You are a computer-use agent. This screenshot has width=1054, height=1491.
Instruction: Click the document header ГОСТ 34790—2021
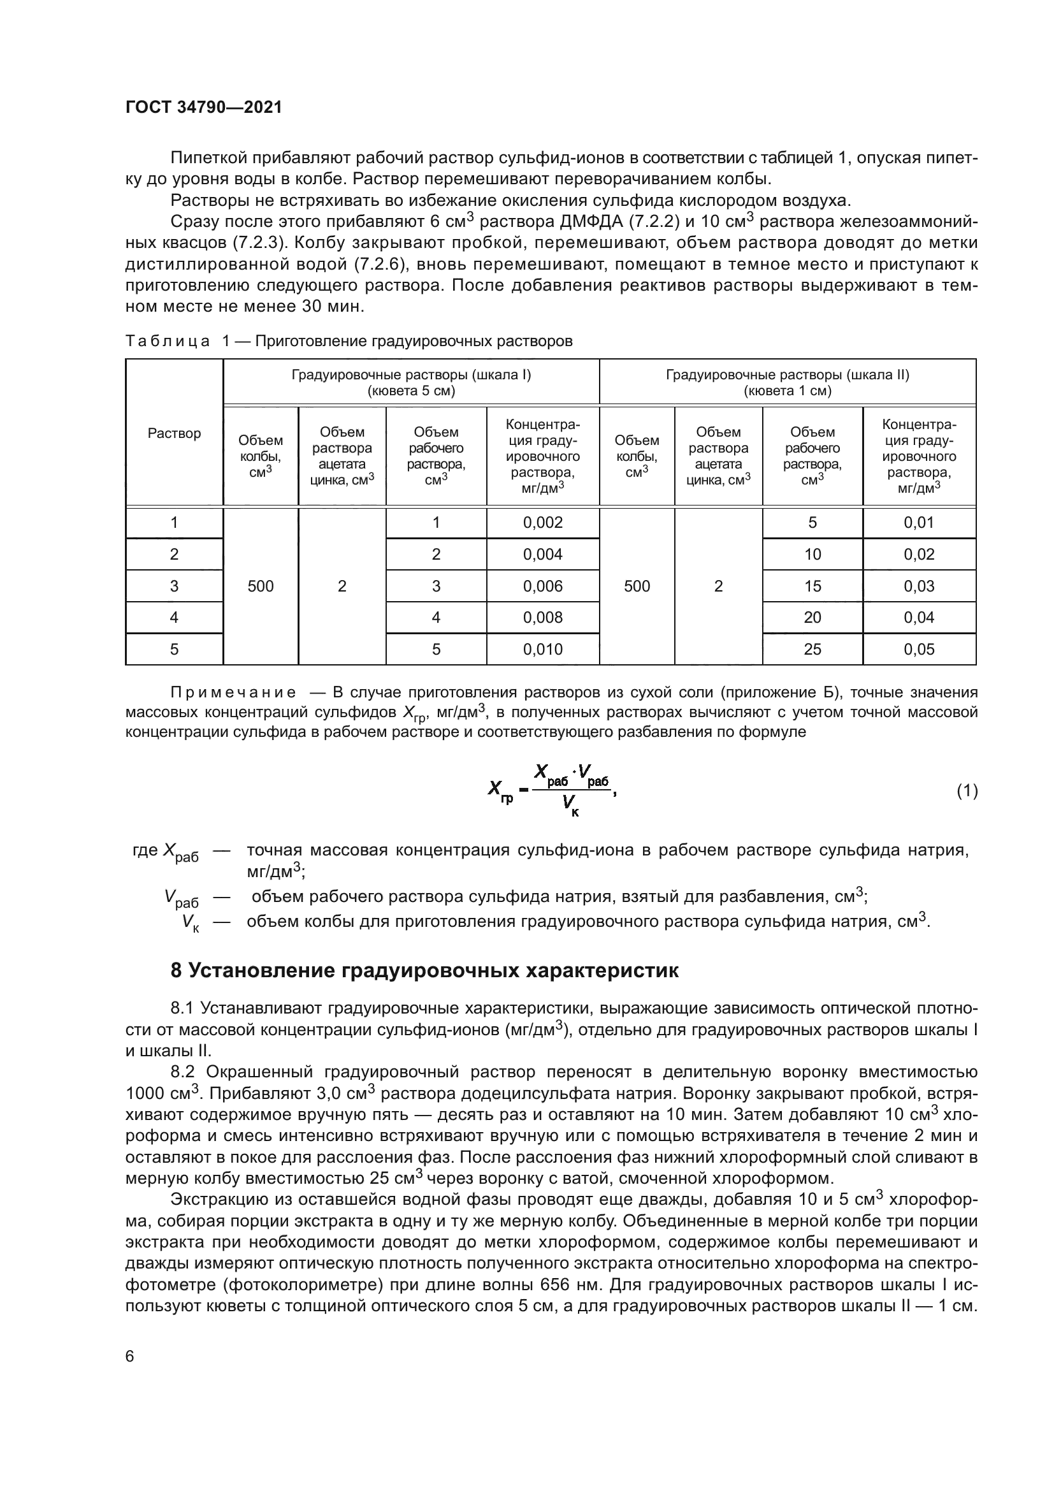(x=204, y=108)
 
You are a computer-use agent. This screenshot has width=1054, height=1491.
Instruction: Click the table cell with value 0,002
(x=542, y=523)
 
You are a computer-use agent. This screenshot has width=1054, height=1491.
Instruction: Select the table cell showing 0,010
(x=542, y=650)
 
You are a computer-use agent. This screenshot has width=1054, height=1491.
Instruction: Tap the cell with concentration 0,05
(x=919, y=650)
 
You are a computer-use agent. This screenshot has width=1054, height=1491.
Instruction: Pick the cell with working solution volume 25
(x=812, y=650)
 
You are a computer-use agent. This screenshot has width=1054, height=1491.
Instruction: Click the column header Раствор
(x=174, y=433)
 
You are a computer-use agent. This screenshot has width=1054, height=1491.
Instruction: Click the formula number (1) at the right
(x=967, y=791)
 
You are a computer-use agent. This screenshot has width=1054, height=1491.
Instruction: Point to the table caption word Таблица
(x=168, y=342)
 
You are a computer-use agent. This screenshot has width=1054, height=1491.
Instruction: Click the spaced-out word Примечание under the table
(x=233, y=692)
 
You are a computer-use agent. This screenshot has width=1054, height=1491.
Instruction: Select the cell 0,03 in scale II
(x=919, y=586)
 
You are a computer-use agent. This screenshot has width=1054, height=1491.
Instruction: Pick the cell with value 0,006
(x=542, y=586)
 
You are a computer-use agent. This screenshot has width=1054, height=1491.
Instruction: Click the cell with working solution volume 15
(x=812, y=586)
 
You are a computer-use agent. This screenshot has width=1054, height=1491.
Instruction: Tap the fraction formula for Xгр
(x=552, y=790)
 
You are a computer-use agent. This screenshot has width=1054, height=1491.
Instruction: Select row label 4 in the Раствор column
(x=174, y=618)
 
